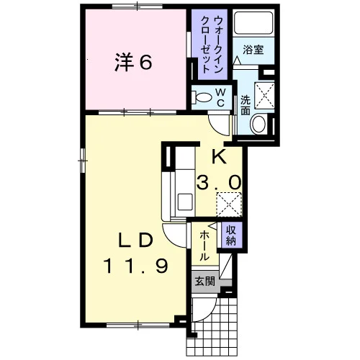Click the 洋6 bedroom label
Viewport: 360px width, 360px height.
pyautogui.click(x=133, y=62)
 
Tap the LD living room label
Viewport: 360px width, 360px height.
pyautogui.click(x=135, y=240)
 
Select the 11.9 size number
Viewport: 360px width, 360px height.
pyautogui.click(x=135, y=266)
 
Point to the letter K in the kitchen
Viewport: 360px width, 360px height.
pyautogui.click(x=220, y=156)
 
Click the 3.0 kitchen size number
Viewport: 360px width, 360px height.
pyautogui.click(x=219, y=181)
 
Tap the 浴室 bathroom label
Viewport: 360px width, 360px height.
pyautogui.click(x=253, y=50)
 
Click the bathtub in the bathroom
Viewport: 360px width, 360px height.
pyautogui.click(x=253, y=23)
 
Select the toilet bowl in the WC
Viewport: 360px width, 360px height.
pyautogui.click(x=201, y=98)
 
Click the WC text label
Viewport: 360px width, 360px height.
pyautogui.click(x=220, y=97)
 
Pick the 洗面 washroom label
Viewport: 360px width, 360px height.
pyautogui.click(x=246, y=105)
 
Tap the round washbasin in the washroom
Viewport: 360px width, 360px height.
pyautogui.click(x=258, y=124)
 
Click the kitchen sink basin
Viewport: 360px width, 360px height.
pyautogui.click(x=184, y=202)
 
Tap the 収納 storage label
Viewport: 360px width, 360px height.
pyautogui.click(x=231, y=235)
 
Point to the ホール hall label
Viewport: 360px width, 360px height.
pyautogui.click(x=204, y=246)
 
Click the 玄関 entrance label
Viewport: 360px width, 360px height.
pyautogui.click(x=204, y=282)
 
